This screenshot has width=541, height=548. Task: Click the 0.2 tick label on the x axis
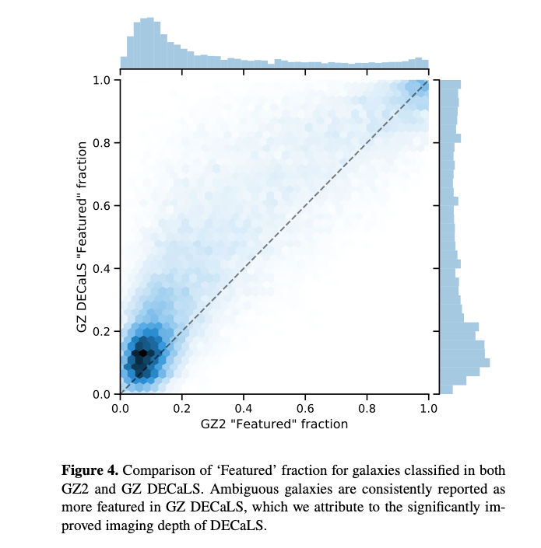coord(182,407)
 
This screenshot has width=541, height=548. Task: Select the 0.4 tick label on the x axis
coord(244,407)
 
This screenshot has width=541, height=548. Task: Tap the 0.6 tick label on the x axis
coord(305,407)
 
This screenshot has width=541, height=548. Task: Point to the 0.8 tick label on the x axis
coord(367,407)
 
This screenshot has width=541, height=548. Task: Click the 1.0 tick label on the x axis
coord(428,407)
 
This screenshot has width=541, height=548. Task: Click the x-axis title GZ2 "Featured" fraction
coord(274,424)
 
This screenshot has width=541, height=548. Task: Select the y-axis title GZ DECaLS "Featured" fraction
coord(82,237)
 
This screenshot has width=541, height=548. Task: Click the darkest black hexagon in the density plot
coord(142,353)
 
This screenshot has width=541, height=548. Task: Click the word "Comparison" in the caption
coord(157,470)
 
